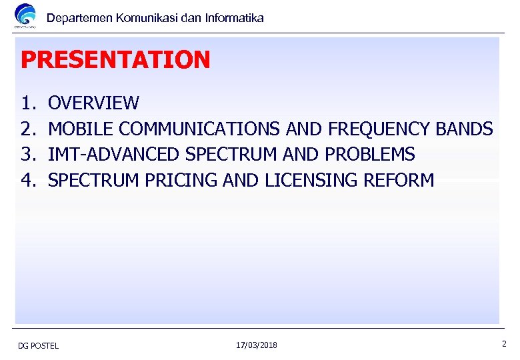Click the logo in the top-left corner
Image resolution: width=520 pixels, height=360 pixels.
(x=26, y=16)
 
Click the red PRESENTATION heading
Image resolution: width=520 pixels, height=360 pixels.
(x=115, y=60)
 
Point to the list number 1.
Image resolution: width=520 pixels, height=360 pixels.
(x=27, y=103)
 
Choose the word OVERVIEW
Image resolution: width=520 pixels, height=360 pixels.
(x=94, y=103)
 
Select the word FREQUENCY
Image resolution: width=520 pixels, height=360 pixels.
(x=378, y=129)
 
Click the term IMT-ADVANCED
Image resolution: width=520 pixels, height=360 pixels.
(x=115, y=155)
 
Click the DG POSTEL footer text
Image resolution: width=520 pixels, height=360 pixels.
(x=38, y=345)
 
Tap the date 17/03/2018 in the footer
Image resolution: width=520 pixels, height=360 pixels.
(x=257, y=345)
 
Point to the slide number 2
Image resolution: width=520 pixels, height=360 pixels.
(x=504, y=344)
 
